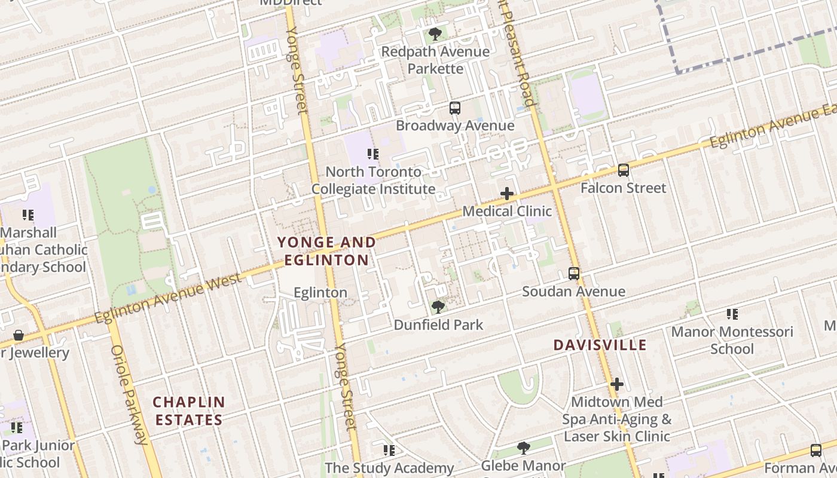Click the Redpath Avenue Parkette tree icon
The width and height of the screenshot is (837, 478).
pyautogui.click(x=435, y=34)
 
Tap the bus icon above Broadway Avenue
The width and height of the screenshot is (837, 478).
pyautogui.click(x=455, y=108)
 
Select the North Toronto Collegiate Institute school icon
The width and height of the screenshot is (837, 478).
pyautogui.click(x=373, y=154)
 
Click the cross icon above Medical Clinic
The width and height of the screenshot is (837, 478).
pyautogui.click(x=507, y=194)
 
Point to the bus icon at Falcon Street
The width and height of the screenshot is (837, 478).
pyautogui.click(x=624, y=170)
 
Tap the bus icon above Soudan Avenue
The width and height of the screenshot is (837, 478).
pyautogui.click(x=574, y=274)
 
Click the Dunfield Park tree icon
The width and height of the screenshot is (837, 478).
pyautogui.click(x=438, y=307)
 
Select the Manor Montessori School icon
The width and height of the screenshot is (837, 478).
pyautogui.click(x=732, y=314)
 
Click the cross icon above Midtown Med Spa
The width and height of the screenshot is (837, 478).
pyautogui.click(x=617, y=384)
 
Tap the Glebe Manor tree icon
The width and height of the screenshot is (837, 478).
pyautogui.click(x=524, y=448)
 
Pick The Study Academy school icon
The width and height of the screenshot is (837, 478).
pyautogui.click(x=389, y=450)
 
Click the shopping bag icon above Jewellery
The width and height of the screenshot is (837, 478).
pyautogui.click(x=19, y=335)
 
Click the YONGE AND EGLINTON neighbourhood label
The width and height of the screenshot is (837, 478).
pyautogui.click(x=326, y=251)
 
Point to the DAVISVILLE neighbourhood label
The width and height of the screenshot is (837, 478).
pyautogui.click(x=600, y=345)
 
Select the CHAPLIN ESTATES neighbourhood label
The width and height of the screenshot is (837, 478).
pyautogui.click(x=189, y=410)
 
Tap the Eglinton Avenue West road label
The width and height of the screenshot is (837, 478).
pyautogui.click(x=168, y=298)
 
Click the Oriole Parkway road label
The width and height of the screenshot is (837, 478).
pyautogui.click(x=129, y=394)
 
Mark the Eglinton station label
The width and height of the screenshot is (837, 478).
pyautogui.click(x=320, y=292)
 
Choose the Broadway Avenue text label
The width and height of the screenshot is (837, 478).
pyautogui.click(x=455, y=125)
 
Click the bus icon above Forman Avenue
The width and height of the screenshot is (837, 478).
pyautogui.click(x=816, y=451)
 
